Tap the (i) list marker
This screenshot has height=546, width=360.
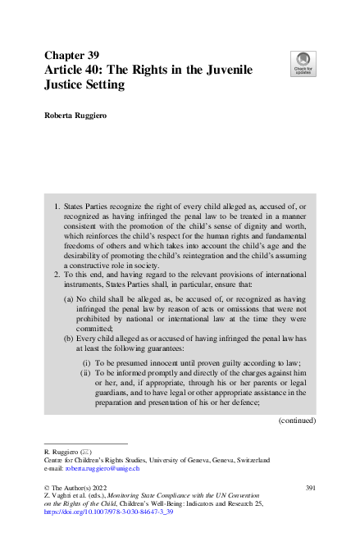pyautogui.click(x=86, y=362)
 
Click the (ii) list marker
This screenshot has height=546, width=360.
pyautogui.click(x=85, y=373)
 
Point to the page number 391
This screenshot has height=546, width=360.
pyautogui.click(x=308, y=489)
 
